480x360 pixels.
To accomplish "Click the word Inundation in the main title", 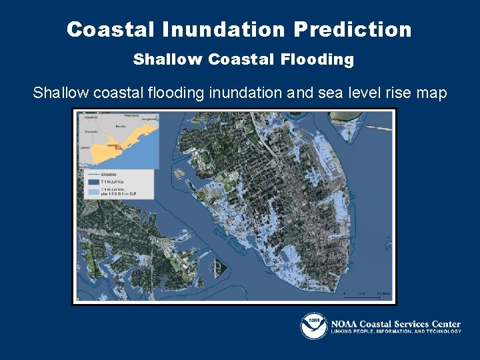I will tap(223, 29).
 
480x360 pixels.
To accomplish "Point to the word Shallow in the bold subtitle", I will tap(168, 59).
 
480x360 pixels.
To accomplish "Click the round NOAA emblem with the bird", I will tap(313, 325).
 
